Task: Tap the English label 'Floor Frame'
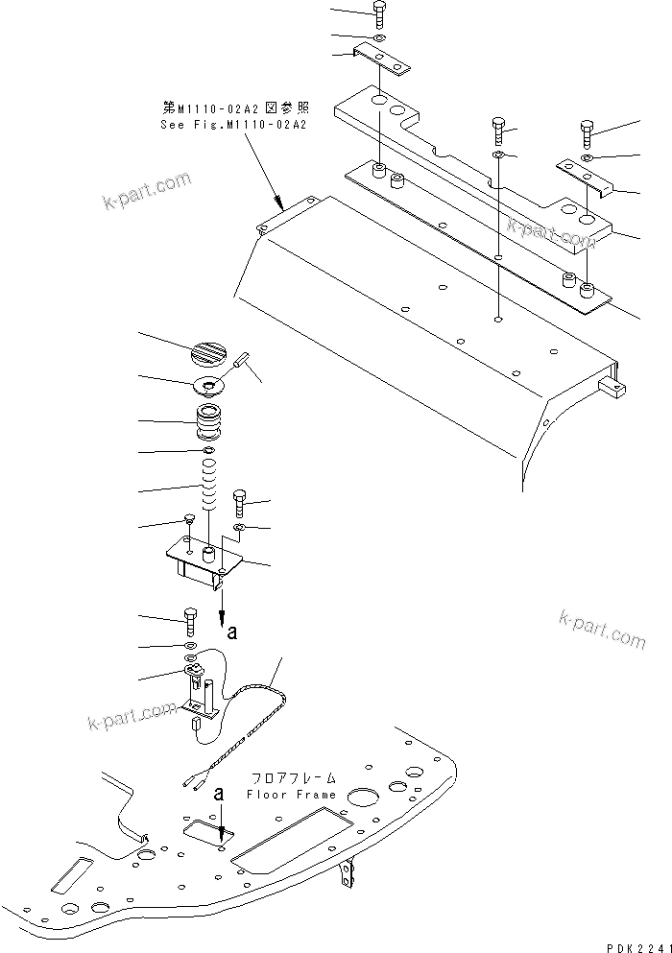click(292, 795)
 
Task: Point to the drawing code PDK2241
click(636, 944)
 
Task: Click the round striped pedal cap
click(211, 352)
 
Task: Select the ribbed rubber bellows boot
click(209, 422)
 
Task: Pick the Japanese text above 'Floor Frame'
click(290, 779)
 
